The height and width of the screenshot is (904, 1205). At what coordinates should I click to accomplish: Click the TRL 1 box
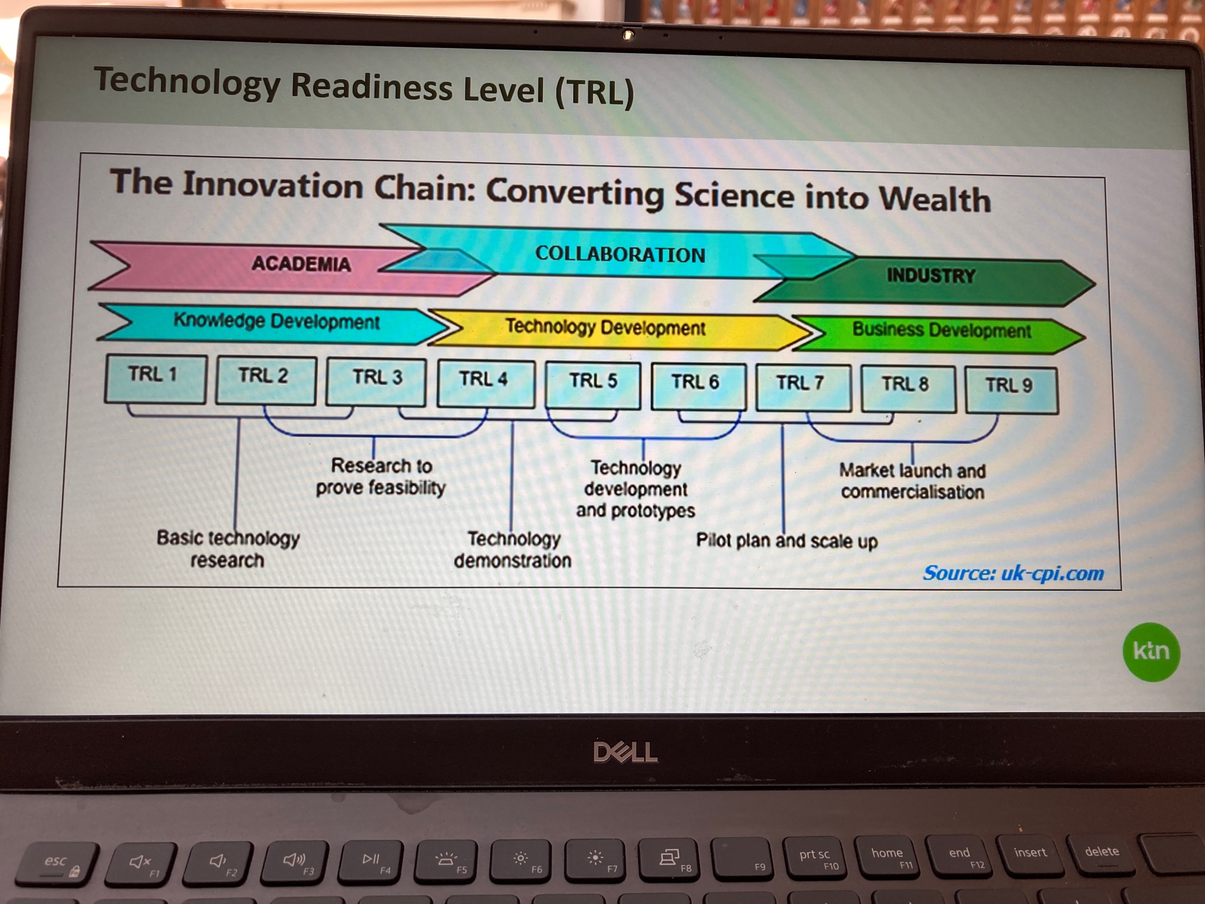(155, 379)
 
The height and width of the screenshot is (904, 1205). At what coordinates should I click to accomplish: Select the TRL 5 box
(593, 385)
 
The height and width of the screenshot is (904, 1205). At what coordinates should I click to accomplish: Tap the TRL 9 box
(1012, 390)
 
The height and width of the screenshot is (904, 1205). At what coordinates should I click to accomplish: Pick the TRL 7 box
(803, 387)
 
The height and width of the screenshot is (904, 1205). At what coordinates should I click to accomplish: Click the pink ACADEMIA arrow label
(301, 264)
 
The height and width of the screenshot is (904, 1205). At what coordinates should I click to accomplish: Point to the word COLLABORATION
(620, 254)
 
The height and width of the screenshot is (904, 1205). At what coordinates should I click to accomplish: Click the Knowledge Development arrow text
(276, 322)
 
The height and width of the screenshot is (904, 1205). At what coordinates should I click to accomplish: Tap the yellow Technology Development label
(605, 327)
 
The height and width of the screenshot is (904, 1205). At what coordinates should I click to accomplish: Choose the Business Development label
(941, 330)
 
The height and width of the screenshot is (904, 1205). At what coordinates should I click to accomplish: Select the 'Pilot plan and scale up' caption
(787, 541)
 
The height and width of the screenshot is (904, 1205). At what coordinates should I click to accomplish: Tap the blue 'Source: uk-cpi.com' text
(1013, 573)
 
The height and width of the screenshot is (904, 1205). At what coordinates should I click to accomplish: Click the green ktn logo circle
(1151, 652)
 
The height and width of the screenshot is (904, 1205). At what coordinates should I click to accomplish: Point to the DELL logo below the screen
(625, 753)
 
